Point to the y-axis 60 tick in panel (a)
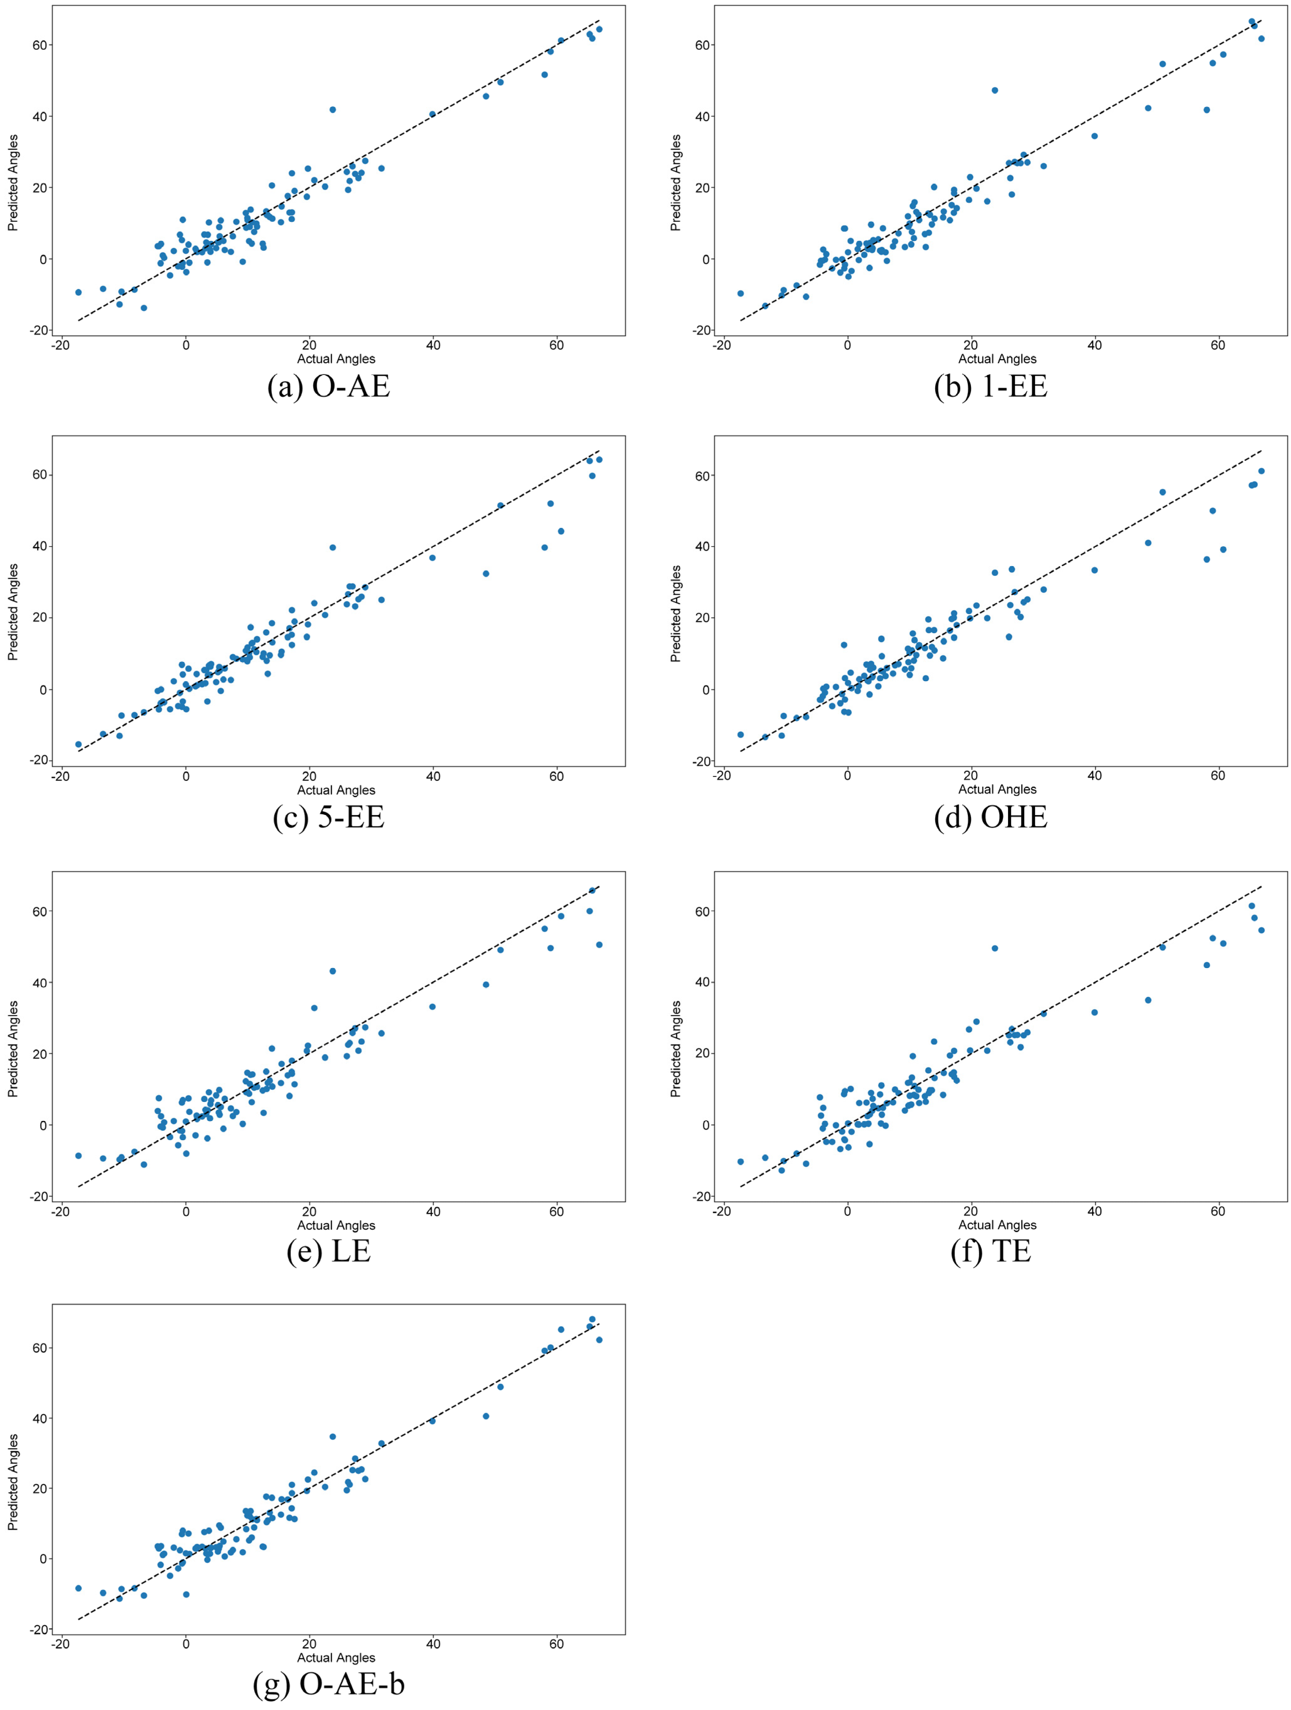coord(40,45)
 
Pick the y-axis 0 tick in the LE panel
coord(43,1126)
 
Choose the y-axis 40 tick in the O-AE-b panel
coord(40,1418)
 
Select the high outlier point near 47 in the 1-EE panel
coord(995,90)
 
